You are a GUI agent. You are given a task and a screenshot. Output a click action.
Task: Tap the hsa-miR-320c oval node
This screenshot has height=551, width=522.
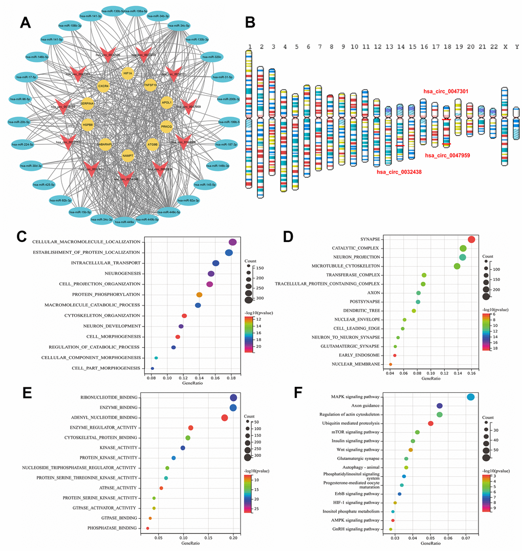click(x=211, y=57)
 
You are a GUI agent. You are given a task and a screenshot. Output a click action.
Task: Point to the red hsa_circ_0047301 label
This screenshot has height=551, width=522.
click(x=446, y=91)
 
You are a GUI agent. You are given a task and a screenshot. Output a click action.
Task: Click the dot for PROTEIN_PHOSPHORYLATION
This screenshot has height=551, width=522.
click(x=200, y=295)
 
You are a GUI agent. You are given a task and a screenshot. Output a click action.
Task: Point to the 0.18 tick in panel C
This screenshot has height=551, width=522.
click(x=231, y=378)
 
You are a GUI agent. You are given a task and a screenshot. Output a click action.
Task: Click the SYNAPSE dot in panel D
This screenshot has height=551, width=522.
click(x=471, y=239)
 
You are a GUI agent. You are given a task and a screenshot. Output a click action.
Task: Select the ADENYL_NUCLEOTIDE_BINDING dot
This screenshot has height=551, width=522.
click(x=225, y=417)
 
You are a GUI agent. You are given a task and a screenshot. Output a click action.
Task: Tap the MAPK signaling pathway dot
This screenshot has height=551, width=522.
click(x=471, y=397)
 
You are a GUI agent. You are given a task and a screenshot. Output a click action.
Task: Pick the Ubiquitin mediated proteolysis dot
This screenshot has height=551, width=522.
click(x=430, y=424)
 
